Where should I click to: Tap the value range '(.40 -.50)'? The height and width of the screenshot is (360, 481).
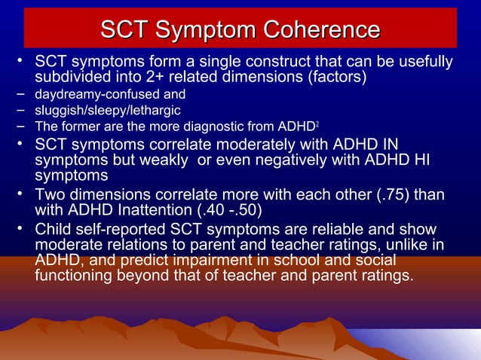tap(229, 209)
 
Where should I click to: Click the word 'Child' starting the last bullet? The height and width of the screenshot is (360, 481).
tap(54, 229)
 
